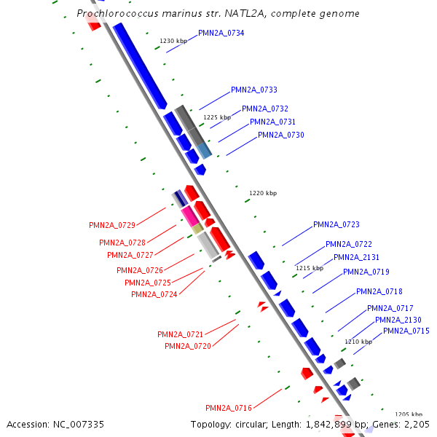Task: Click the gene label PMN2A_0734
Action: click(221, 34)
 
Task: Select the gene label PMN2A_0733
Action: click(254, 90)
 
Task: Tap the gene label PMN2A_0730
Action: click(281, 135)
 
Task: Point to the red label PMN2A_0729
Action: click(112, 226)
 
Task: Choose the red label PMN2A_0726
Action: click(140, 271)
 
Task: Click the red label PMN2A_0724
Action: click(154, 295)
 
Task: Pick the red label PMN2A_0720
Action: click(188, 347)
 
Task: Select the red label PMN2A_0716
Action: click(229, 409)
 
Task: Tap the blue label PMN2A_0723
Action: click(336, 225)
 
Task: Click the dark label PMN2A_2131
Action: click(356, 258)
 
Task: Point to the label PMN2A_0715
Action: click(406, 331)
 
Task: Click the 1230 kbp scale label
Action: click(173, 41)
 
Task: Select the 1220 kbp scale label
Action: click(263, 193)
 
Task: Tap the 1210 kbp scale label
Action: click(358, 342)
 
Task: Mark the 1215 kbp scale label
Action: click(309, 268)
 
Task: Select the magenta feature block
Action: click(189, 216)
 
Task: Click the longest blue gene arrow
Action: click(141, 66)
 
